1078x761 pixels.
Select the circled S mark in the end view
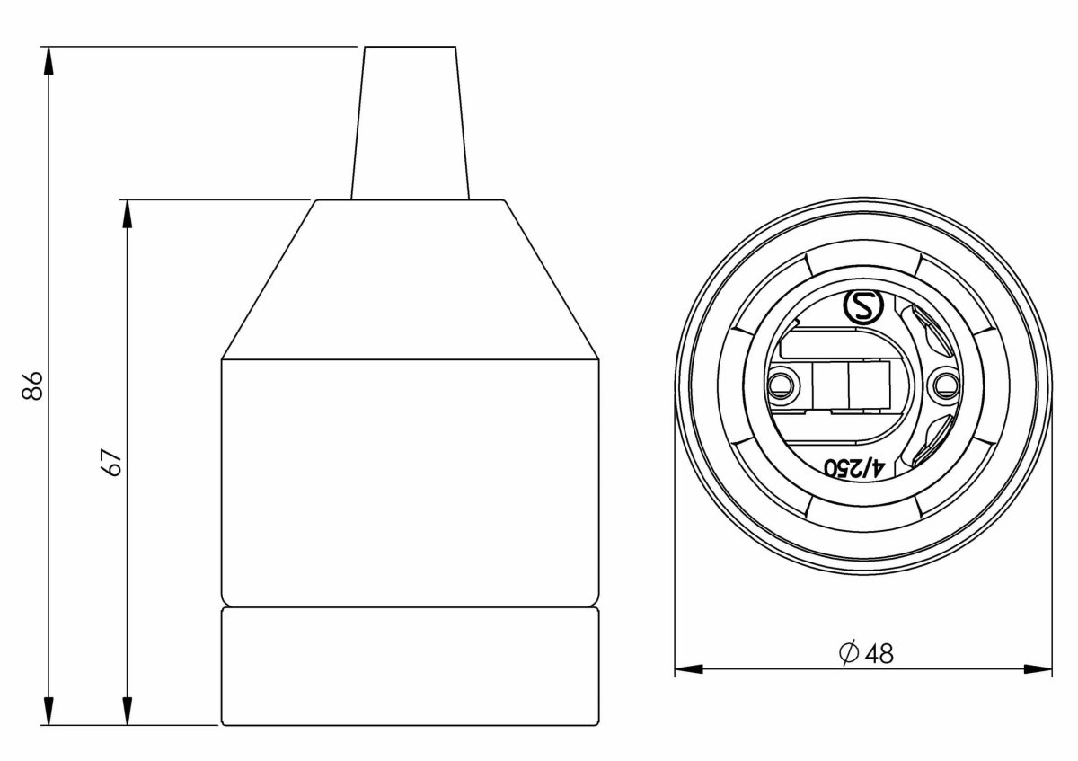864,308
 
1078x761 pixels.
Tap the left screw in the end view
782,386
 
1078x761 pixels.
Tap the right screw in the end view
942,386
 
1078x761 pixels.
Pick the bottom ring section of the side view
410,665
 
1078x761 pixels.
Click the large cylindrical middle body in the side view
410,481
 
